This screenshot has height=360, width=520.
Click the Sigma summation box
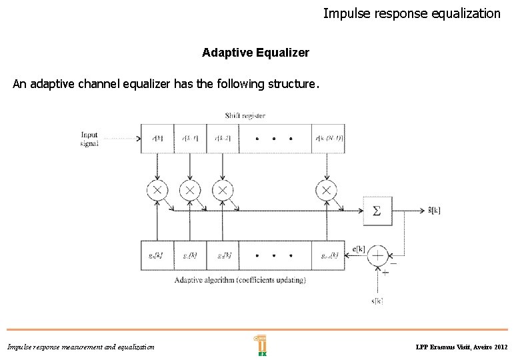pos(377,211)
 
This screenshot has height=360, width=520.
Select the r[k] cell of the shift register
pos(157,139)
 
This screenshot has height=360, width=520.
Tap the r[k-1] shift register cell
pos(189,139)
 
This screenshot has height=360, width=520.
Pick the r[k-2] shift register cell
pos(222,139)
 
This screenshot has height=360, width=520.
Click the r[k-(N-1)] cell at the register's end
pos(328,139)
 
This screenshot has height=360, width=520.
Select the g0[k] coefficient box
pos(157,255)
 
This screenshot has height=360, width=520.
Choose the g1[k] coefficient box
pos(189,255)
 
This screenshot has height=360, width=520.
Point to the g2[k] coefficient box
pos(222,255)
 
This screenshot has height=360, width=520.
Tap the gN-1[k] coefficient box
pos(328,255)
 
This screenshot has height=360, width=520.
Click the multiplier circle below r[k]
pos(157,191)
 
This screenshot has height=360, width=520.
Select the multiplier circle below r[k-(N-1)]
pos(325,191)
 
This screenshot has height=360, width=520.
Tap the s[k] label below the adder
pos(377,301)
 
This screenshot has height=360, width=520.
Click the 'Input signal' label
pos(89,139)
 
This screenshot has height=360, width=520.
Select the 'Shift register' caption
pos(245,115)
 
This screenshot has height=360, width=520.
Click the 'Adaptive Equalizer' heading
pos(255,52)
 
